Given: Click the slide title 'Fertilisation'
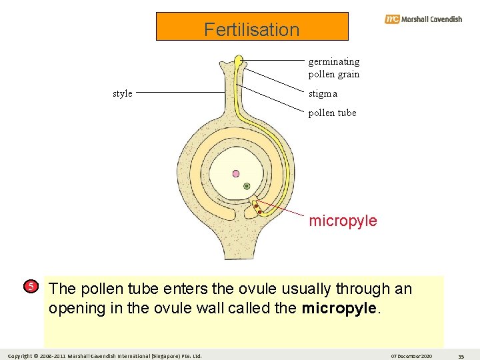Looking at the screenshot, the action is coord(252,29).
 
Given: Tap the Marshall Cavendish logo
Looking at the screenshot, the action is coord(423,19).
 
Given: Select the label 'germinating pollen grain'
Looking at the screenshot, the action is coord(333,68).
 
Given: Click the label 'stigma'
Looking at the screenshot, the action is coord(323,94).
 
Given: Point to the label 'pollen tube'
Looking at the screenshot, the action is coord(332,113).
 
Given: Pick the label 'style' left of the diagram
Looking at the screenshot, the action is coord(123,93).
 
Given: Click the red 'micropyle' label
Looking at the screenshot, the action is coord(343,221).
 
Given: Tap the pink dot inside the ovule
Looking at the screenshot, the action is coord(235,173).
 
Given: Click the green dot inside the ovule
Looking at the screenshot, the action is coord(247,186).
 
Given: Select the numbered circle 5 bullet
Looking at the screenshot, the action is coord(31,287).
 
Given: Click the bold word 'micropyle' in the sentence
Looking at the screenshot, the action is coord(338,309).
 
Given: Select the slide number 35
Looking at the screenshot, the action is coord(461,355).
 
